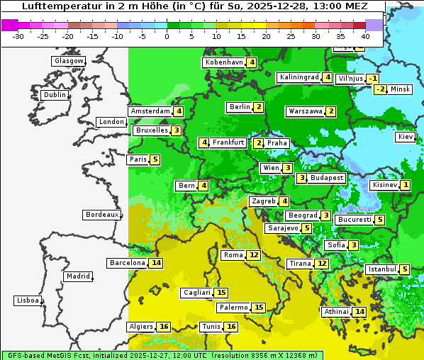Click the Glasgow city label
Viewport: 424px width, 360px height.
pos(69,61)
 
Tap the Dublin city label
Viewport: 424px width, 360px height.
pos(55,95)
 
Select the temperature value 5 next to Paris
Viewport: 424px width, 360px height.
pos(155,159)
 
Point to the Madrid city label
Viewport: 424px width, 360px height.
pos(78,276)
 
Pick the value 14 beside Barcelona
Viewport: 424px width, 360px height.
pos(156,263)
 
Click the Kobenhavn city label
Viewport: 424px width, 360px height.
pos(224,62)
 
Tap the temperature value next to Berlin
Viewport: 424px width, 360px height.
pos(260,107)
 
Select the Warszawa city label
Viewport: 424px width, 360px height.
pos(305,111)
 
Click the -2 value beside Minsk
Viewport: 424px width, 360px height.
pos(381,89)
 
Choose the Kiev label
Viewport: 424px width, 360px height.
pos(406,136)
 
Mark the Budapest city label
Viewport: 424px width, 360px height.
pos(327,178)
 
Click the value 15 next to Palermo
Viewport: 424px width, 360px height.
pos(259,308)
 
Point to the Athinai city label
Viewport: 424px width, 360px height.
pos(336,312)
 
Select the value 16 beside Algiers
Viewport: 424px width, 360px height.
pos(164,327)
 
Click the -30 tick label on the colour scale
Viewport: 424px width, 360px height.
pos(18,36)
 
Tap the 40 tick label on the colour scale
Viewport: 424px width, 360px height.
pos(365,36)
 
